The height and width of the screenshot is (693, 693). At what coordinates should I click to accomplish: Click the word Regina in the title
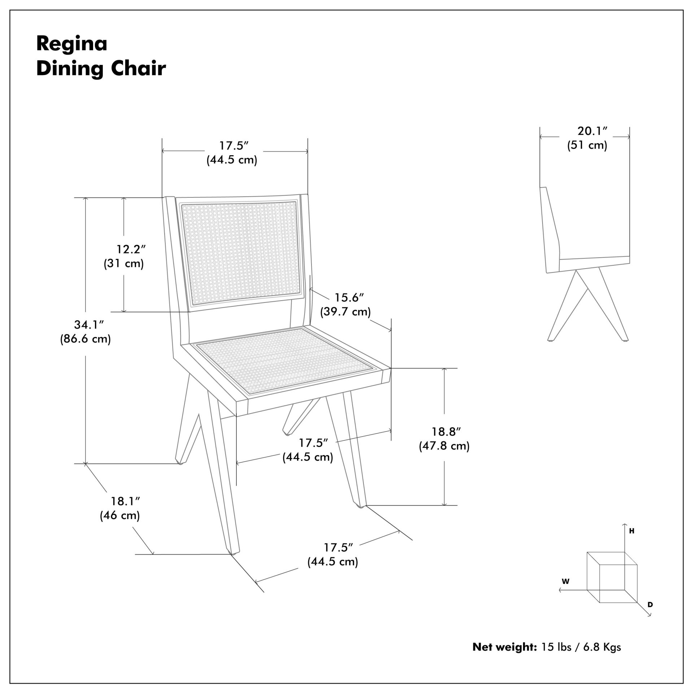click(x=72, y=44)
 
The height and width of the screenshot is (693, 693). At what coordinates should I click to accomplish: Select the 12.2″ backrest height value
click(x=131, y=249)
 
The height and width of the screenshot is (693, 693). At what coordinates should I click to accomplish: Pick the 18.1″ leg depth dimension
click(x=125, y=501)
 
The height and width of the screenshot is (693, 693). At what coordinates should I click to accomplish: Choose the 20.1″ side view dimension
click(x=593, y=131)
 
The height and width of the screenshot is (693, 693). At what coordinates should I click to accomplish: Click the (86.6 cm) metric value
click(x=86, y=339)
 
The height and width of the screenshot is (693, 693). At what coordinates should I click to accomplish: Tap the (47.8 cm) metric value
click(x=444, y=446)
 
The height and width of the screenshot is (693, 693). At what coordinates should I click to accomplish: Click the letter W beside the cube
click(x=566, y=581)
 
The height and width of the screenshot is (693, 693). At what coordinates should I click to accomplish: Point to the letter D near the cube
click(x=650, y=604)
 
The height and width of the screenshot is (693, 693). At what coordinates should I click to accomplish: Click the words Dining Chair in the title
click(x=101, y=69)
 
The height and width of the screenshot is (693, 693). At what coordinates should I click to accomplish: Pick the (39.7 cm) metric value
click(x=345, y=312)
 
